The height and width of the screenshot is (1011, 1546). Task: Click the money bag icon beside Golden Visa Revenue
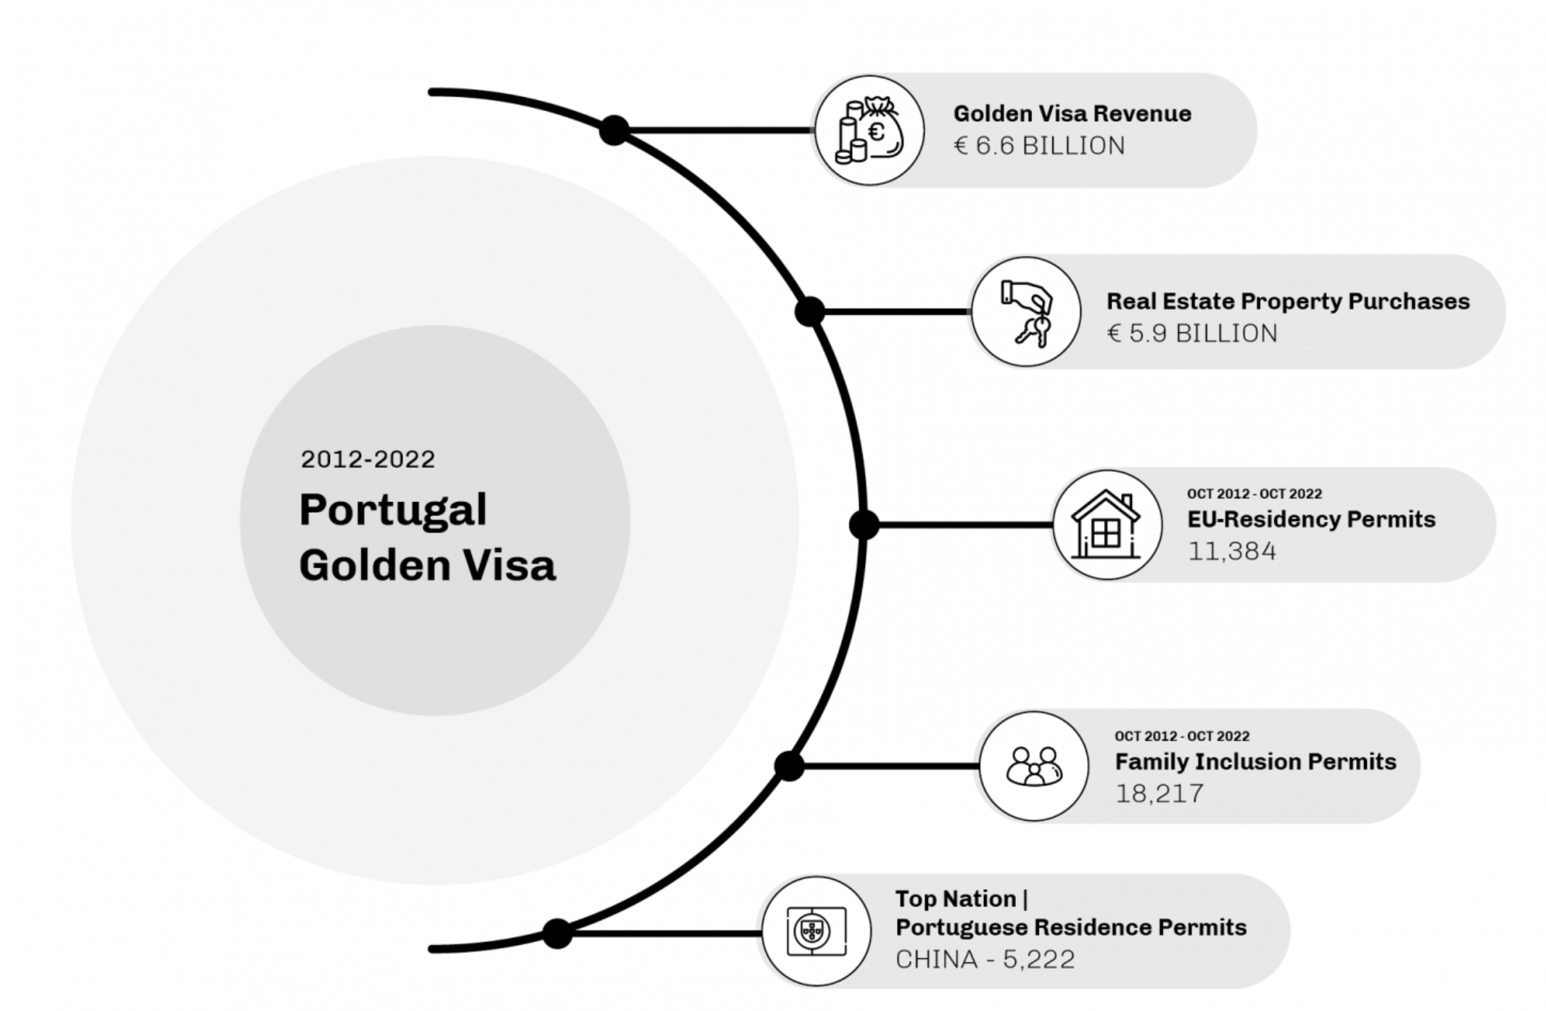(x=869, y=131)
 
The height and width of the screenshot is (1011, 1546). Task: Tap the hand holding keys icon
(x=1026, y=312)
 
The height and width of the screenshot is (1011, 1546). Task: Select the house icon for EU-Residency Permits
(x=1107, y=525)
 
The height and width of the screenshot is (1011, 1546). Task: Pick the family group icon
(x=1034, y=766)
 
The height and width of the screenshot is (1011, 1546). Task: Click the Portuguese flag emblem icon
(x=816, y=931)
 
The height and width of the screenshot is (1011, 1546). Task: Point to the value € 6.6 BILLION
(x=1039, y=146)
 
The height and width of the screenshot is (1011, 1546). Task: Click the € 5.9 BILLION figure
(x=1192, y=334)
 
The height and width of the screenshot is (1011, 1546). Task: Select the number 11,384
(x=1231, y=551)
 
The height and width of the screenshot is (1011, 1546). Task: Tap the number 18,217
(x=1159, y=793)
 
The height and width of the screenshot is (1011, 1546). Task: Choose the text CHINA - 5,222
(x=985, y=960)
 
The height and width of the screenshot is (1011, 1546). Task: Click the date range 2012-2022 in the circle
(x=368, y=459)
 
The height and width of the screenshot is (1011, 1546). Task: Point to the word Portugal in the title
(x=393, y=509)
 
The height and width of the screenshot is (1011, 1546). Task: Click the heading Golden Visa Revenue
(x=1072, y=114)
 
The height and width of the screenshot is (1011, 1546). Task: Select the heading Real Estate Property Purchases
(x=1288, y=301)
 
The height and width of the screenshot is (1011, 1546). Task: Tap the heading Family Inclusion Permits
(x=1255, y=762)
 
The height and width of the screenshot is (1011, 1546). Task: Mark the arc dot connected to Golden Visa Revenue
(x=614, y=131)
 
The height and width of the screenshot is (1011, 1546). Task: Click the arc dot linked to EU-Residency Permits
(x=864, y=524)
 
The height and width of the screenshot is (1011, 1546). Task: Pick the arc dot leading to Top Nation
(x=557, y=933)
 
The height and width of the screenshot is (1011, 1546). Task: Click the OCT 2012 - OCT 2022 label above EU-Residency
(x=1254, y=494)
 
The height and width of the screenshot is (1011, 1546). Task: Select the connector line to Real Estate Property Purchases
(x=896, y=312)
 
